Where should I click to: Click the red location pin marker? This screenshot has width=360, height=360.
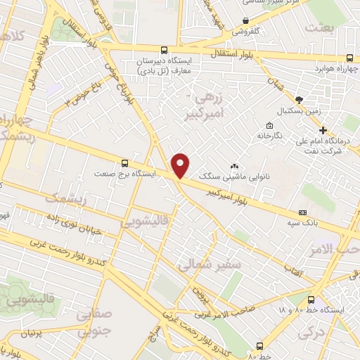[x=181, y=165]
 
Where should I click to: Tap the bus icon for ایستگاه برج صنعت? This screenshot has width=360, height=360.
[x=125, y=161]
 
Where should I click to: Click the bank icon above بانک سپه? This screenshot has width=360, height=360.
[x=302, y=212]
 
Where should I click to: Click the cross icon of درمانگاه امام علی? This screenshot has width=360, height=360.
[x=323, y=130]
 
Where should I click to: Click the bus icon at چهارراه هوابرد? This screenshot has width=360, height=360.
[x=350, y=59]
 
